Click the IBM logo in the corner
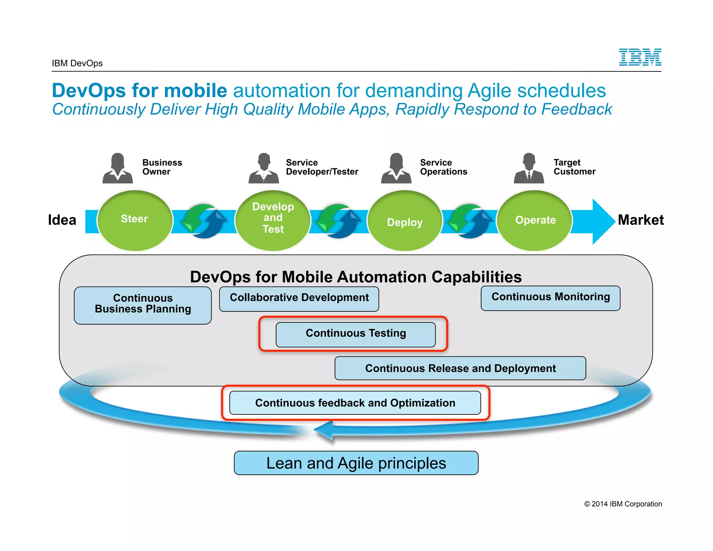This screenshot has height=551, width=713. [640, 57]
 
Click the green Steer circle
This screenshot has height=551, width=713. [135, 220]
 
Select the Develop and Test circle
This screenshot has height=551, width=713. [273, 220]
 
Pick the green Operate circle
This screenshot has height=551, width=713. [535, 220]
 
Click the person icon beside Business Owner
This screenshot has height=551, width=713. [118, 169]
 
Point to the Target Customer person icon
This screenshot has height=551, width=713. [529, 169]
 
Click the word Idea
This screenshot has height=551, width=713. [62, 220]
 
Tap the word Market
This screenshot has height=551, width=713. [641, 220]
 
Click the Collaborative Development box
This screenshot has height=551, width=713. [299, 298]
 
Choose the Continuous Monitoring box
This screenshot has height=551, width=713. [550, 298]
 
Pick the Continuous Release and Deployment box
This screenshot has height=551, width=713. [460, 368]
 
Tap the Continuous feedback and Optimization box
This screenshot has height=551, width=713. [355, 403]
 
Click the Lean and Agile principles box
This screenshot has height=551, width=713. [356, 463]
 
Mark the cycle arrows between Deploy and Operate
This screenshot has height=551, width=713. [470, 222]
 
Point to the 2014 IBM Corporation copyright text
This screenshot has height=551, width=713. [623, 504]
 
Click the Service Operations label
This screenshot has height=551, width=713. [443, 167]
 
